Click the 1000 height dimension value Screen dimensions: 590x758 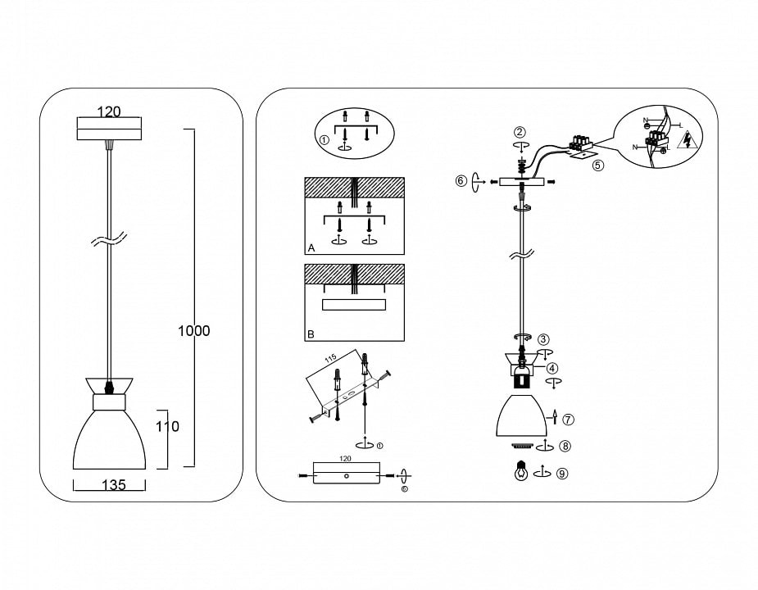[x=194, y=331]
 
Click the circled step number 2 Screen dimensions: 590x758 [x=520, y=132]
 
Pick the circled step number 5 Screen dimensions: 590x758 [x=598, y=165]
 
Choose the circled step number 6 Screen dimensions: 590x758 [x=461, y=180]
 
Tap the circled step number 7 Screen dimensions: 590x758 [x=569, y=419]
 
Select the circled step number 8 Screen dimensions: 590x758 [x=566, y=447]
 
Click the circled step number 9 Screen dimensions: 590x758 [x=562, y=473]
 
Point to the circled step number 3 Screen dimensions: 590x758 [x=544, y=338]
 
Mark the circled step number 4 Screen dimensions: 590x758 [x=553, y=369]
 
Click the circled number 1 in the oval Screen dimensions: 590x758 [x=325, y=140]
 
